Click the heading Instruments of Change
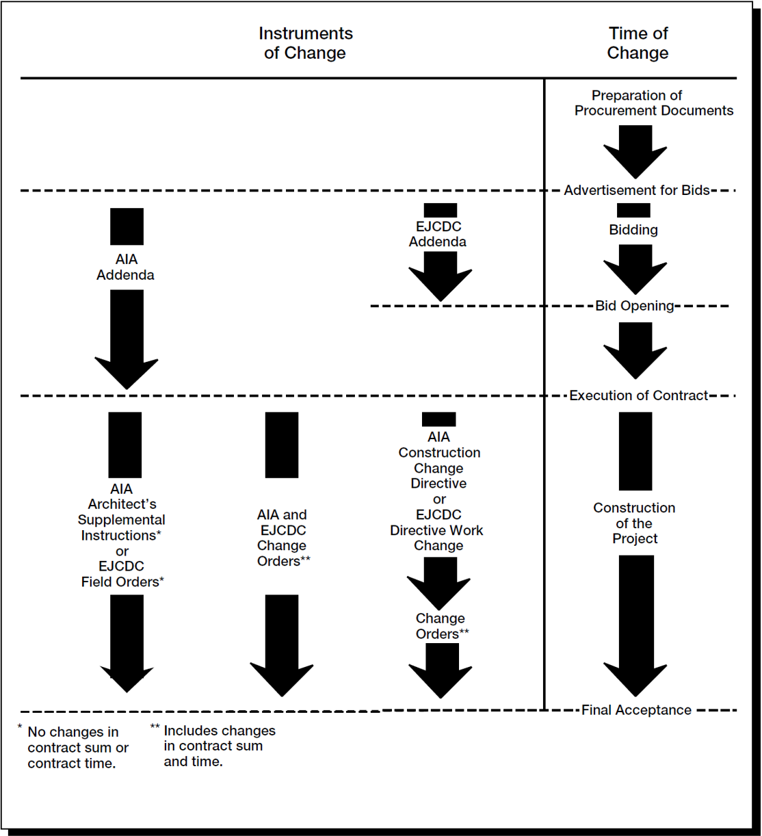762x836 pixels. [x=306, y=43]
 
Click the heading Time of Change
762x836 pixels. [x=638, y=43]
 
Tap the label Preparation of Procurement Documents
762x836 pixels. [x=654, y=103]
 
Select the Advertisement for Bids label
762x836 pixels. [x=637, y=190]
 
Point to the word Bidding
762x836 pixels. [x=633, y=230]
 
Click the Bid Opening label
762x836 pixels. [x=635, y=306]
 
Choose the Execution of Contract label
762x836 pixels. [x=639, y=395]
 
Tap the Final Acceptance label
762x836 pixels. [x=637, y=709]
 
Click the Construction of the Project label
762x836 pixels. [x=635, y=523]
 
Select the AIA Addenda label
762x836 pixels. [x=125, y=267]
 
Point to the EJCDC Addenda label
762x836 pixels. [x=438, y=234]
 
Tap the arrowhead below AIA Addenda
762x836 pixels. [x=127, y=374]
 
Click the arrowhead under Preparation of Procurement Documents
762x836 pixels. [x=635, y=162]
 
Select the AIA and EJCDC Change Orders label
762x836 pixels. [x=283, y=538]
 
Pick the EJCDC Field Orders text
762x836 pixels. [x=122, y=574]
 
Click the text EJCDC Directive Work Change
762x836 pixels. [x=437, y=530]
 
